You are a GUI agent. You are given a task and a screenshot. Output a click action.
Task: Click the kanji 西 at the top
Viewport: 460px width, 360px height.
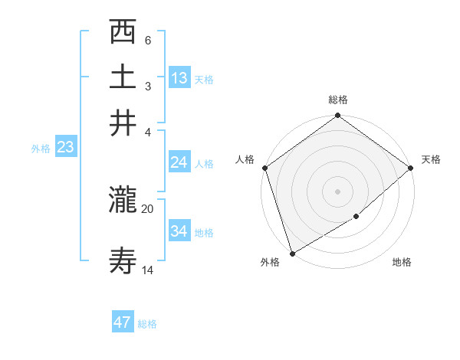point(123,33)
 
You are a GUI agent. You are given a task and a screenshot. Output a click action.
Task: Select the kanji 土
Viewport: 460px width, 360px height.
point(123,77)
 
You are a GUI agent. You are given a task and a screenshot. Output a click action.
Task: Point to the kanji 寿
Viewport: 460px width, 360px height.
point(123,263)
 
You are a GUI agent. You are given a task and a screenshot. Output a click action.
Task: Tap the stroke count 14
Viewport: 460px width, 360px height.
point(147,270)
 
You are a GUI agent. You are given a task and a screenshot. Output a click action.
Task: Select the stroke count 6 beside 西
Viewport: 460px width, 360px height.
point(147,39)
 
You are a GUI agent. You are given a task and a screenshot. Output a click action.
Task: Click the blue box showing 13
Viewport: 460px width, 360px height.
point(179,77)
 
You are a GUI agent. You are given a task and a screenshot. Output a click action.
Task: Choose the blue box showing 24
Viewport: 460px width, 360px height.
point(179,162)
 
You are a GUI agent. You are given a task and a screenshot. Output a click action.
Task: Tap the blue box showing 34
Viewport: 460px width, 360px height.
point(179,231)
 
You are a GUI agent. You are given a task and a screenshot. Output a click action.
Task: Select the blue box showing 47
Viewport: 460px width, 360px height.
point(123,322)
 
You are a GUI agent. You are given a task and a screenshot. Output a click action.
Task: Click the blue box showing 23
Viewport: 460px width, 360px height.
point(65,147)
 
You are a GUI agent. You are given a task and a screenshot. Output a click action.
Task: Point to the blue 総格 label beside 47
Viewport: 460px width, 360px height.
point(147,324)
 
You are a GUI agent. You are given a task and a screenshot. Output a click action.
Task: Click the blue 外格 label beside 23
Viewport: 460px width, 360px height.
point(40,149)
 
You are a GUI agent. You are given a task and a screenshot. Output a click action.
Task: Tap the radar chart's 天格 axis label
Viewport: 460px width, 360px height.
point(431,159)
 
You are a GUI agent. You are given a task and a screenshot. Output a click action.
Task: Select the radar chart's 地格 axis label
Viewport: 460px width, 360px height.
point(402,263)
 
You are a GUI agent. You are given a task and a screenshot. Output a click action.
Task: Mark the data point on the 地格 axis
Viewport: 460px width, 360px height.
point(356,217)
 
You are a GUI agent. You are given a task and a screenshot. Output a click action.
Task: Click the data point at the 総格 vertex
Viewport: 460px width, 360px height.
point(337,116)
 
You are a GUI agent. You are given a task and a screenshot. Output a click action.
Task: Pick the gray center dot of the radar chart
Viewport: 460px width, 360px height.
point(337,191)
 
